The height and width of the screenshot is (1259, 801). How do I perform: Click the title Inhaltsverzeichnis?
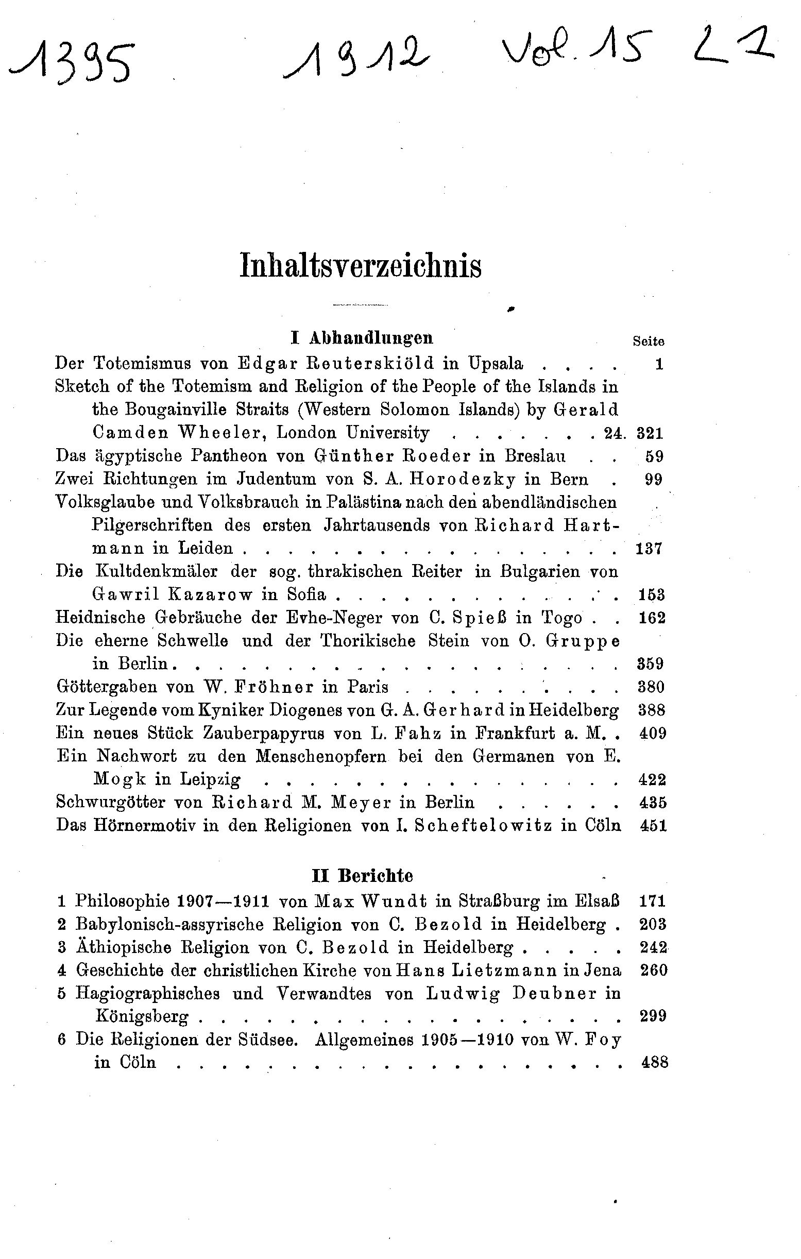click(x=360, y=266)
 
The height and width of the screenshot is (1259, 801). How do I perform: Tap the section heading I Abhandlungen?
click(x=362, y=338)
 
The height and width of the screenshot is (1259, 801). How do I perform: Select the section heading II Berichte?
click(x=362, y=875)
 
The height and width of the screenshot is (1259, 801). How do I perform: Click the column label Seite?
click(x=649, y=342)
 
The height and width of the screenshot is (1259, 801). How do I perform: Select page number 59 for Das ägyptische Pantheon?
click(x=654, y=456)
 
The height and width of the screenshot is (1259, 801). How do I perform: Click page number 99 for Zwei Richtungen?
click(x=654, y=480)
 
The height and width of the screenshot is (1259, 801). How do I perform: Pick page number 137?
click(x=650, y=549)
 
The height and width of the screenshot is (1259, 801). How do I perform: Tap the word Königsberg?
click(x=141, y=1016)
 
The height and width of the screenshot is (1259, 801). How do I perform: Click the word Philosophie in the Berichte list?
click(x=123, y=901)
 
